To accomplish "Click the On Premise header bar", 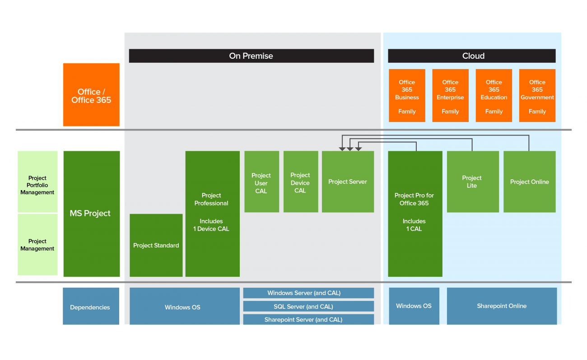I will pos(251,56).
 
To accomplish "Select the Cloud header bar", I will pos(471,56).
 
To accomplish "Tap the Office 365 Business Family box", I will pos(407,96).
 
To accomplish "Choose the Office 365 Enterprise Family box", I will pos(450,96).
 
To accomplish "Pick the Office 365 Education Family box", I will pos(494,96).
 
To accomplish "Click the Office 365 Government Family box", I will pos(537,96).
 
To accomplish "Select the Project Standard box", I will pos(156,245).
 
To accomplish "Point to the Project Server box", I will pos(348,182).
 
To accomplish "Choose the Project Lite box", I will pos(472,182).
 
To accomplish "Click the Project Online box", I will pos(529,182).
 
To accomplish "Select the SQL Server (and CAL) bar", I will pos(308,306).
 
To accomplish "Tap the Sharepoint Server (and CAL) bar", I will pos(308,319).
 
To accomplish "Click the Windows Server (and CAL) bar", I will pos(308,293).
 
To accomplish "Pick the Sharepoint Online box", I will pos(502,306).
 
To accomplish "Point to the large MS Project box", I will pos(91,214).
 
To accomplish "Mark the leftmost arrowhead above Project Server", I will pos(342,148).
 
